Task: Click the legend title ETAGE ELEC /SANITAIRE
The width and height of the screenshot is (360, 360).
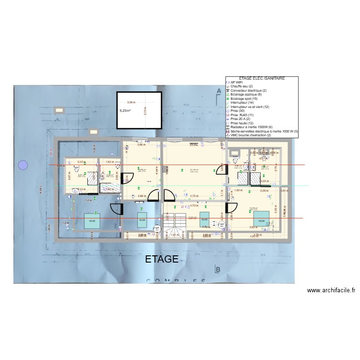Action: (262, 78)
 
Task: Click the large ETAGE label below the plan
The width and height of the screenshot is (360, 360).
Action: (162, 260)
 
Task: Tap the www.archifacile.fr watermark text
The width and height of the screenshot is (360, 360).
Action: (331, 290)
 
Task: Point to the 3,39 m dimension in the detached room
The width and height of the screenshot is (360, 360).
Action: (131, 102)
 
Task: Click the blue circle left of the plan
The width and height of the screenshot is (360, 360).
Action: (23, 166)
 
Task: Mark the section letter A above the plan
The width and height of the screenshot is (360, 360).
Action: (218, 91)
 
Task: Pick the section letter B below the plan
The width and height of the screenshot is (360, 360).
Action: (218, 270)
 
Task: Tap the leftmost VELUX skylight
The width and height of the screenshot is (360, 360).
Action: (90, 221)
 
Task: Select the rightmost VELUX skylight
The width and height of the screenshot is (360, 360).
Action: (262, 221)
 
